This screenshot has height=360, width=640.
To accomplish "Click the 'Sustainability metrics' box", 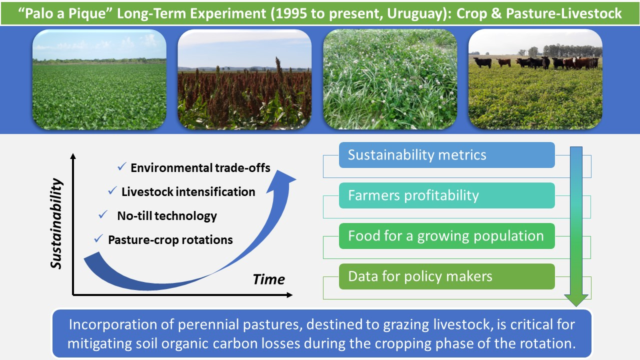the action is coord(447,155).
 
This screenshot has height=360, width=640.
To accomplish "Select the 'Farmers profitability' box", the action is coord(447,195).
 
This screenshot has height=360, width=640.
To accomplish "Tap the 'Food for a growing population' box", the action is coord(447,236).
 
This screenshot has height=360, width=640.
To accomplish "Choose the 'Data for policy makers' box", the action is coord(447,276).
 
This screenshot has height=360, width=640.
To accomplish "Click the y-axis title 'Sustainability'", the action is coord(56,223).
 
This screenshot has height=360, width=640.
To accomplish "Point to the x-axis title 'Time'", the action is coord(269,279).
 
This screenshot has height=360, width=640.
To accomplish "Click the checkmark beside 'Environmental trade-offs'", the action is coord(122,166).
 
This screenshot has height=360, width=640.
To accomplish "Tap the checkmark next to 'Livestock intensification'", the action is coord(112,190).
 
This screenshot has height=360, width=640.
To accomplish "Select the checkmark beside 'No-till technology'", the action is coord(103,214).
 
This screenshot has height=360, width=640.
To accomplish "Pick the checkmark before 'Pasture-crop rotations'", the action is coord(98,238).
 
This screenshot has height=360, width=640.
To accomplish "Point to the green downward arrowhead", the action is coord(576,300).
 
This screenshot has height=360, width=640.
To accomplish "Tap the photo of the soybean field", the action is coord(99,79).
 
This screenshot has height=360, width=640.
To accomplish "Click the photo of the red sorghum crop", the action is coord(244,79).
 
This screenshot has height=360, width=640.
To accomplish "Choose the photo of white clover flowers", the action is coord(390,79).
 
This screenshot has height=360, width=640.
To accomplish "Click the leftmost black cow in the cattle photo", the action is coord(482,62).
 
